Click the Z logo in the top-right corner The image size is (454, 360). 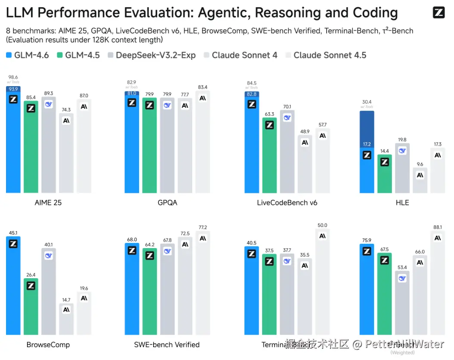(x=439, y=12)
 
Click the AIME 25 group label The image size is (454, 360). (x=48, y=202)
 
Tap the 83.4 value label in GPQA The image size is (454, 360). (x=203, y=87)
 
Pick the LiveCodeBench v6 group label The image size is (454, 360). (x=287, y=202)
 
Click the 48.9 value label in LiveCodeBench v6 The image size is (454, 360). (x=305, y=131)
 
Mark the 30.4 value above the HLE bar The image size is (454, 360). (x=367, y=102)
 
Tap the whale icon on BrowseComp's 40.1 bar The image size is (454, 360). (x=49, y=255)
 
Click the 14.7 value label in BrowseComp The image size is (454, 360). (x=66, y=300)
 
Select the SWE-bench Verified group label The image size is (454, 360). (x=167, y=344)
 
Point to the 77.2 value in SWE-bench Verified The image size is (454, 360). (x=203, y=227)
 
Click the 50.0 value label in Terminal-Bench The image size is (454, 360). (x=322, y=225)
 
